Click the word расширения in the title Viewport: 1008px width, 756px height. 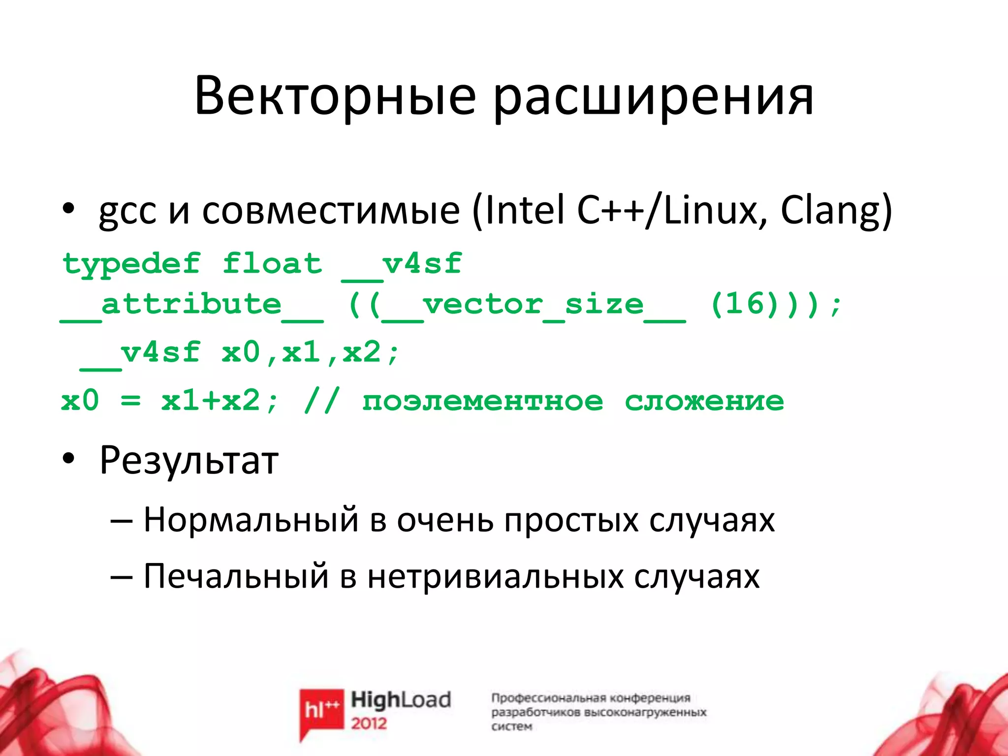[x=653, y=98]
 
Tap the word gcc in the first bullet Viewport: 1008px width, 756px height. [x=127, y=213]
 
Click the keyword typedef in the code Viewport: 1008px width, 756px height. [x=131, y=265]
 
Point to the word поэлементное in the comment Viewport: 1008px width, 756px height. [x=482, y=401]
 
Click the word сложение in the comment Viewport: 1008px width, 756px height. [x=704, y=401]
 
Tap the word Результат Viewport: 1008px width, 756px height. [x=189, y=461]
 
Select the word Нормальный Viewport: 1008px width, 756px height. [x=251, y=520]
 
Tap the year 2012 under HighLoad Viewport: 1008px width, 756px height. [x=369, y=723]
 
